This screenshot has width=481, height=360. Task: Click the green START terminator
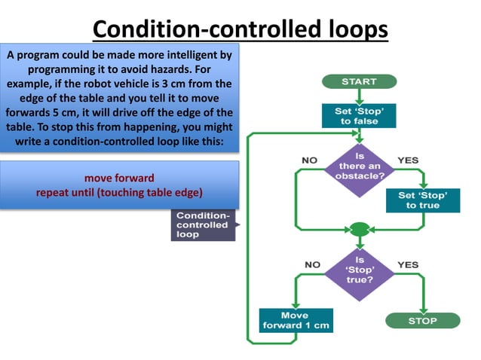tap(359, 81)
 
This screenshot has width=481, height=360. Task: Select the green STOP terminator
tap(422, 320)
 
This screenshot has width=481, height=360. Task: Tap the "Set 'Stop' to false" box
tap(359, 114)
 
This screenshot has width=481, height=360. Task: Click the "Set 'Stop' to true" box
tap(427, 200)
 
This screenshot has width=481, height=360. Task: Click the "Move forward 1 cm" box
tap(295, 320)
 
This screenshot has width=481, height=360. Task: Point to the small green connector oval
tap(359, 228)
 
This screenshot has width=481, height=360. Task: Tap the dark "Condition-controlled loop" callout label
tap(202, 224)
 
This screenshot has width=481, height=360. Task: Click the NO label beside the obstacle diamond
tap(310, 160)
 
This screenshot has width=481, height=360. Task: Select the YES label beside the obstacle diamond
tap(407, 160)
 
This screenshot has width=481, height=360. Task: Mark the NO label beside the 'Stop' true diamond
tap(311, 265)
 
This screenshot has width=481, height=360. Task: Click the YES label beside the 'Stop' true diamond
tap(407, 265)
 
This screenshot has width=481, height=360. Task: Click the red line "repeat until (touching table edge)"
tap(119, 192)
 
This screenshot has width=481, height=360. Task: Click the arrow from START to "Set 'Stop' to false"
tap(359, 94)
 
